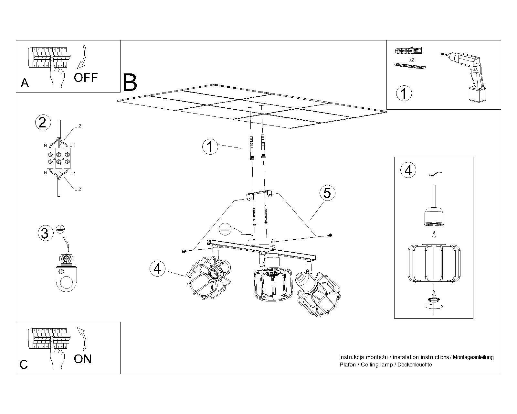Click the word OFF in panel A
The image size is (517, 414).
(86, 78)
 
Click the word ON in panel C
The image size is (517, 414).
(83, 359)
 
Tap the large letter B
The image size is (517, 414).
(130, 83)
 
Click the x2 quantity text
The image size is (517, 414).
(412, 60)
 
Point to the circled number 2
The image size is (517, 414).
(43, 123)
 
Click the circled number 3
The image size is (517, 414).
(45, 233)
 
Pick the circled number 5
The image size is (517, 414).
(327, 193)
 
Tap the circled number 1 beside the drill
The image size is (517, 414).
(404, 93)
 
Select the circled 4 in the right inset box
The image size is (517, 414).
(408, 170)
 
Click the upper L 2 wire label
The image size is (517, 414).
(78, 126)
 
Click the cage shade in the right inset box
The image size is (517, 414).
(434, 264)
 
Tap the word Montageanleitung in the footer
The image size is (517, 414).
(473, 357)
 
